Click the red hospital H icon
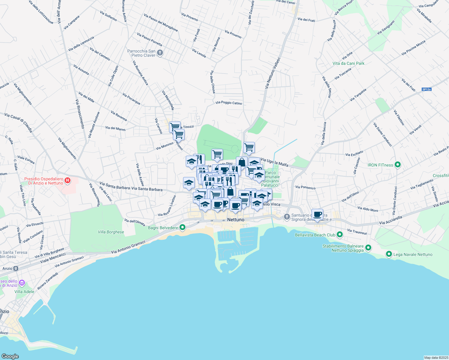click(68, 181)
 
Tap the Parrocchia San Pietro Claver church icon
click(160, 53)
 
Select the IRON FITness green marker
click(398, 165)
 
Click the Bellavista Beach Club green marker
click(339, 235)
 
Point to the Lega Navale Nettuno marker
click(389, 254)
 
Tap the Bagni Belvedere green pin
click(182, 228)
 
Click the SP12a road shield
click(426, 89)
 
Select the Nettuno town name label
click(236, 220)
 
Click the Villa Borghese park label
click(111, 232)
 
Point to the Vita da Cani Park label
click(348, 63)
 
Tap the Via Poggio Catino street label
click(229, 103)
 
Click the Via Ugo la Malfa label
click(274, 162)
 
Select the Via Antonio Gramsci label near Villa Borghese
click(128, 247)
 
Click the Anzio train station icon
click(16, 268)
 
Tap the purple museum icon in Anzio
click(22, 283)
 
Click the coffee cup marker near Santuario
click(317, 214)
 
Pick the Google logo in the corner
click(10, 356)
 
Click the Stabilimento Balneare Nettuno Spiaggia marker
click(368, 248)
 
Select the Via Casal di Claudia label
click(18, 122)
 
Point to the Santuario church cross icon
click(287, 217)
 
